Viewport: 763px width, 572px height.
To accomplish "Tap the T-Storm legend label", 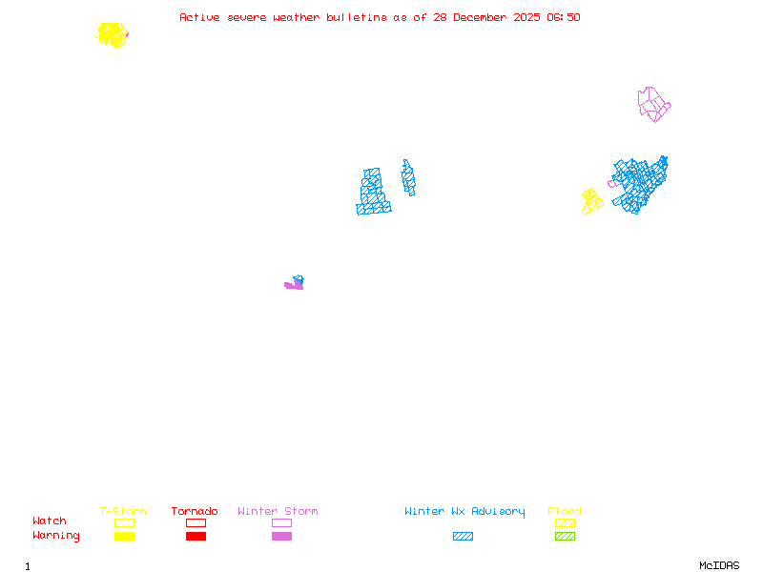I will [x=123, y=512].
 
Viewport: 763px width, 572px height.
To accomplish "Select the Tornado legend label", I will [x=195, y=512].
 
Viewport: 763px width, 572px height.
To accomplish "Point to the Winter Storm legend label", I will [x=278, y=512].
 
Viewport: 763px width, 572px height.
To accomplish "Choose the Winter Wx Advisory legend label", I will [x=464, y=512].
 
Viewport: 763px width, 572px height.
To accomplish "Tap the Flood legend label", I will [x=565, y=512].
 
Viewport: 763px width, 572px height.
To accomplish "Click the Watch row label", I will [x=50, y=521].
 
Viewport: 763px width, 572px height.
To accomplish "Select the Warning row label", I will [x=56, y=536].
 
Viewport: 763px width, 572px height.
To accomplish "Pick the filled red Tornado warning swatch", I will [x=196, y=537].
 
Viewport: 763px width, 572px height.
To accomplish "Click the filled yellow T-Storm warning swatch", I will [x=124, y=537].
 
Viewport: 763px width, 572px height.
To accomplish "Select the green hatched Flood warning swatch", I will [x=565, y=537].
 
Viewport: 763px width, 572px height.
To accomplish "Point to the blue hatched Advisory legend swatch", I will [x=463, y=537].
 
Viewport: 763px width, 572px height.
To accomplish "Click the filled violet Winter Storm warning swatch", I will [x=281, y=537].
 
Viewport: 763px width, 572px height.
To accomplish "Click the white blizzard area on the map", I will [x=393, y=186].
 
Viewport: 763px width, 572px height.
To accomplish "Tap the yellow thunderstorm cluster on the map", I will [x=113, y=35].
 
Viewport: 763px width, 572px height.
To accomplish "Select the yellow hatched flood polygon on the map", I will [x=592, y=201].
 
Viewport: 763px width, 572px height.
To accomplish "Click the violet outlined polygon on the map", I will [x=652, y=104].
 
